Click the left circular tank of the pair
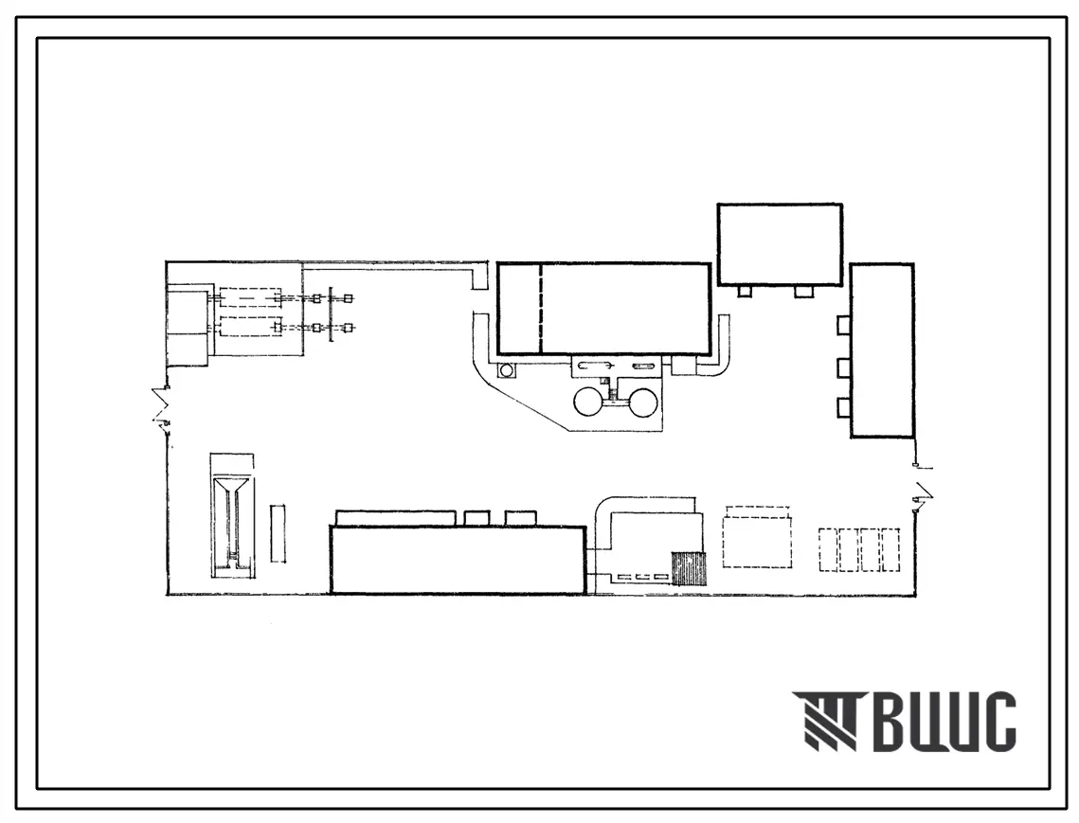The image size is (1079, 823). (590, 402)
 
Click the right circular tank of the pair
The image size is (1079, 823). (640, 402)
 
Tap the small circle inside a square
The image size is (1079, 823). (507, 371)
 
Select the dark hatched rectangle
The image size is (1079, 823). (689, 568)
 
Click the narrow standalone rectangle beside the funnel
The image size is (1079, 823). (278, 533)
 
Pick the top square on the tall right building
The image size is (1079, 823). (844, 325)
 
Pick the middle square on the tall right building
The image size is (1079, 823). (844, 367)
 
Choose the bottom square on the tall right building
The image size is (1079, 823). (844, 407)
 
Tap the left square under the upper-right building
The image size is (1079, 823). (745, 292)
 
